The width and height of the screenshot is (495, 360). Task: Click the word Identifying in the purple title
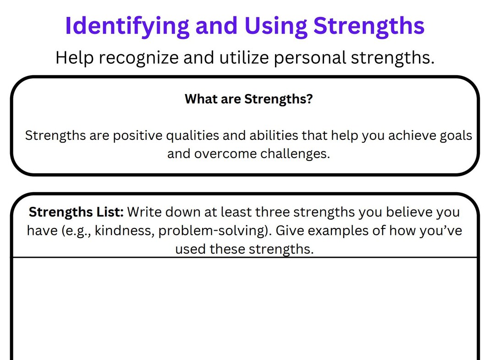pos(127,26)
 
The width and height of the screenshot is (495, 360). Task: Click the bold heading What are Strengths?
pos(248,99)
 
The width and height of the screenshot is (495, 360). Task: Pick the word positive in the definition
pos(137,136)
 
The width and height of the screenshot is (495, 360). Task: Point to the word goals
pos(453,136)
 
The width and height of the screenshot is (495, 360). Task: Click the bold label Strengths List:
pos(76,212)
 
